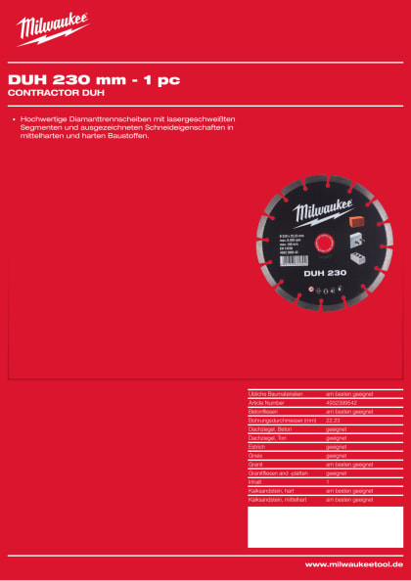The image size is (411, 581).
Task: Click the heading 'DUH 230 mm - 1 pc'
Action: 94,79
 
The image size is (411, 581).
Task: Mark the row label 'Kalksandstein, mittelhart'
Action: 277,499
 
